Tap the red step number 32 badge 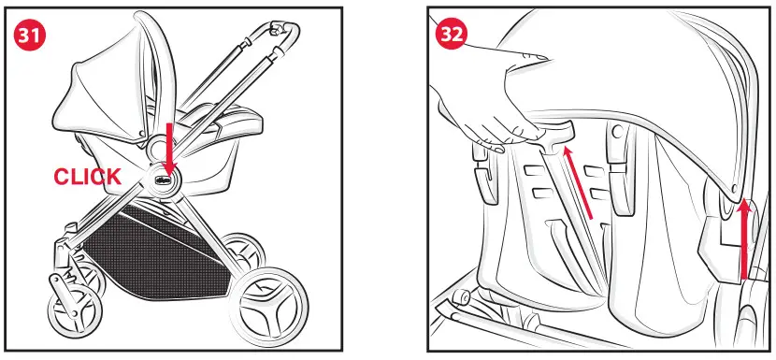coord(453,35)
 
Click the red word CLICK coord(87,177)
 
